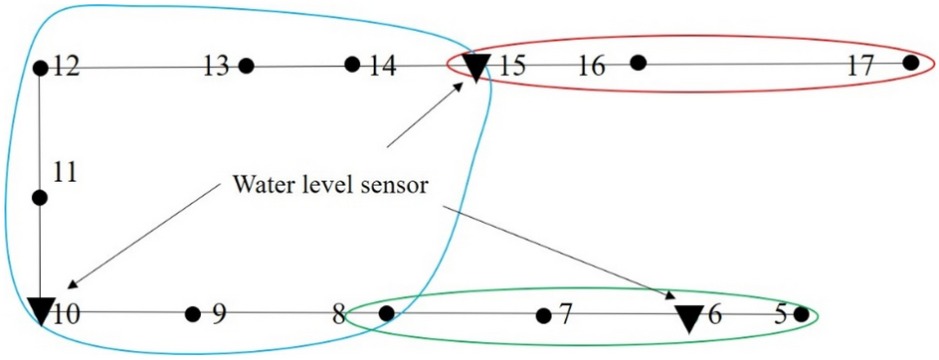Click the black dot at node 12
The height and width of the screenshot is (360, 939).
[40, 69]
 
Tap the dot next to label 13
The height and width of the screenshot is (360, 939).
[246, 67]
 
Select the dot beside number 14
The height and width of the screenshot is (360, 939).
[352, 65]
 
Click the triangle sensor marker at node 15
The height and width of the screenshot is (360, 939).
[477, 68]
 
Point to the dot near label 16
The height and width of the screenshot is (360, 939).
[639, 63]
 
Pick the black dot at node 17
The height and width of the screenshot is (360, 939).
[910, 63]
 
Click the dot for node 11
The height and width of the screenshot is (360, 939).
[40, 198]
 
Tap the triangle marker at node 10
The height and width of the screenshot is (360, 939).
[41, 311]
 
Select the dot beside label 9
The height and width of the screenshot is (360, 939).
[193, 314]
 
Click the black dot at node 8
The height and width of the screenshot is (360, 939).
[387, 314]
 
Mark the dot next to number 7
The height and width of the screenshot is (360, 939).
[543, 316]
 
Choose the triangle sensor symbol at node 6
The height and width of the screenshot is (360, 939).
[688, 318]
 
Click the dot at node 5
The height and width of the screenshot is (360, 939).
[802, 315]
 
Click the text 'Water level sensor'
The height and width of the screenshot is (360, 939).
[331, 186]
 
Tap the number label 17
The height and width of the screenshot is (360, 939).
[860, 67]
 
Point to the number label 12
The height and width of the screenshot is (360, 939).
[67, 68]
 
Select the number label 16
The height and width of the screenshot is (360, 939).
[591, 68]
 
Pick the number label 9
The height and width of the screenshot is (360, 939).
[219, 316]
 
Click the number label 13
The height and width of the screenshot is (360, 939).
[216, 68]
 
